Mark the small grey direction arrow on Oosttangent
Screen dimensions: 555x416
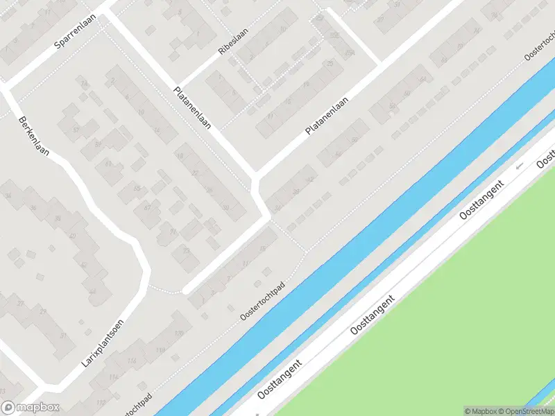tap(518, 167)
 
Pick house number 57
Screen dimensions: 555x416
tap(76, 130)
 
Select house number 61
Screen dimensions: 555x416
tap(108, 164)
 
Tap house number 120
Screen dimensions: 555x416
tap(178, 334)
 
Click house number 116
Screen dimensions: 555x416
tap(132, 361)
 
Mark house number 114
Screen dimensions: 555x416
tap(112, 378)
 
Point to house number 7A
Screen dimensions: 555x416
tap(350, 52)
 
